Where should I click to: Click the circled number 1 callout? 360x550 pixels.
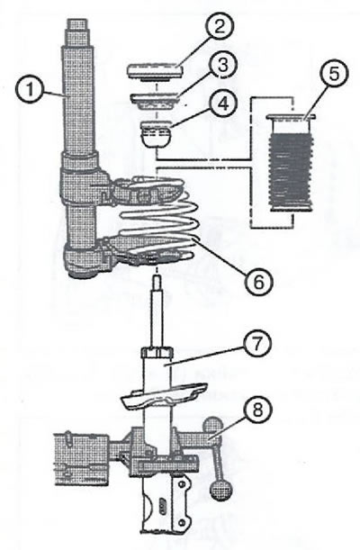[30, 90]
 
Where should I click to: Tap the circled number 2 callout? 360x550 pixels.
[219, 26]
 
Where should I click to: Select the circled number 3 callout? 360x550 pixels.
[223, 65]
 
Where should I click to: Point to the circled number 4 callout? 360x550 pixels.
[223, 104]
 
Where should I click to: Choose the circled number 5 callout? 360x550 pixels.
[334, 74]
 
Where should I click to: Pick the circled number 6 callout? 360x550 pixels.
[258, 281]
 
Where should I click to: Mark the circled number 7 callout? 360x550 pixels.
[256, 344]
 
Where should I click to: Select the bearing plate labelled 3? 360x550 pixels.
[156, 102]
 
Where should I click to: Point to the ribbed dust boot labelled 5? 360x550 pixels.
[291, 162]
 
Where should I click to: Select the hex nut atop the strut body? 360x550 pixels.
[157, 352]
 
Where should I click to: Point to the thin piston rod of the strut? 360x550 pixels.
[157, 311]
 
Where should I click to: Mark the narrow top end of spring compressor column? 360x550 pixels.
[76, 24]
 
